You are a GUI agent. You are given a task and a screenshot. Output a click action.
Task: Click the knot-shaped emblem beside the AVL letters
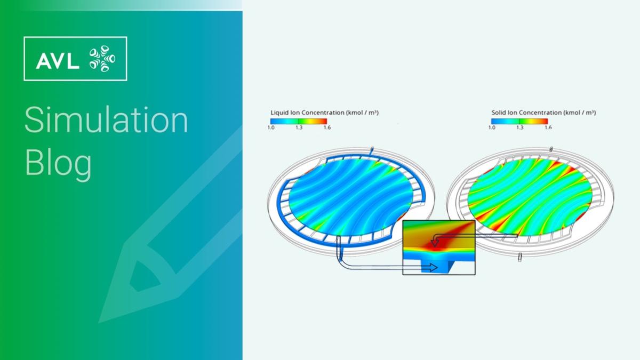[101, 59]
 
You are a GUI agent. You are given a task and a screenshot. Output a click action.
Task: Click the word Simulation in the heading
[106, 121]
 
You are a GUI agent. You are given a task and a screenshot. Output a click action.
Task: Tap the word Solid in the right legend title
[499, 113]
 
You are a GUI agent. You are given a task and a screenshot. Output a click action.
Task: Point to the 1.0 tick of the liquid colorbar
[271, 127]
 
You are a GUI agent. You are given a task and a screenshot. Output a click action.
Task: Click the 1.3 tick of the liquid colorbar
[299, 127]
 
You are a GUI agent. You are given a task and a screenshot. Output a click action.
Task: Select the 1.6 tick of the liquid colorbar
[326, 127]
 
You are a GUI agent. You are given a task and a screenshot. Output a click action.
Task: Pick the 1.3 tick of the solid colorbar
[519, 127]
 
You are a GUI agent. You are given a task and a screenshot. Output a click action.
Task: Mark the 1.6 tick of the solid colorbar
[548, 127]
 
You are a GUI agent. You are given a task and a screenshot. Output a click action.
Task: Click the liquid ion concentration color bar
[299, 121]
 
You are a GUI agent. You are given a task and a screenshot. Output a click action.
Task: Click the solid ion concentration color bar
[519, 121]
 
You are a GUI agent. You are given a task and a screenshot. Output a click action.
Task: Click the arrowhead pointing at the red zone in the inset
[435, 244]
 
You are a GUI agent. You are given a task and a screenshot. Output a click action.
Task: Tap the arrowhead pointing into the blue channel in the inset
[443, 269]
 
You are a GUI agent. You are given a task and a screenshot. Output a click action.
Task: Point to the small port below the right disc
[520, 258]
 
